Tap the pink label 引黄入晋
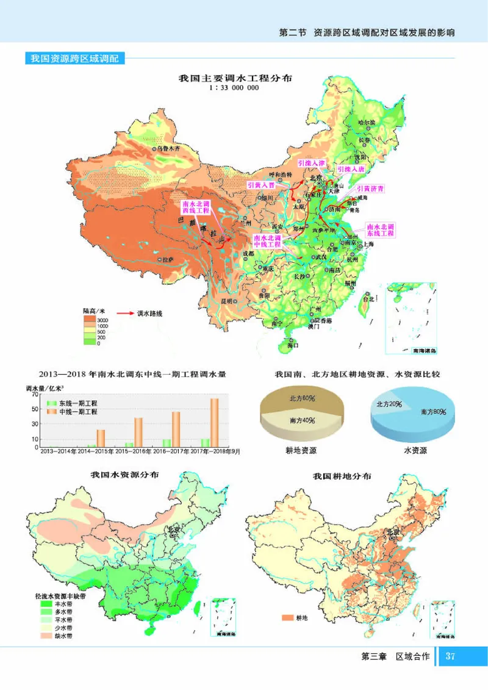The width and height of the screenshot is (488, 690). [x=261, y=184]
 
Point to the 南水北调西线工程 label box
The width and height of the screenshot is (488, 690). [x=196, y=207]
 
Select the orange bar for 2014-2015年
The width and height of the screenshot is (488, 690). [x=101, y=438]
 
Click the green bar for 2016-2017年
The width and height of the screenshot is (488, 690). [x=167, y=443]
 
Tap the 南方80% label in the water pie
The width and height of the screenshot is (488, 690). [x=433, y=412]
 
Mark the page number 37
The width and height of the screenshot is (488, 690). [x=450, y=656]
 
